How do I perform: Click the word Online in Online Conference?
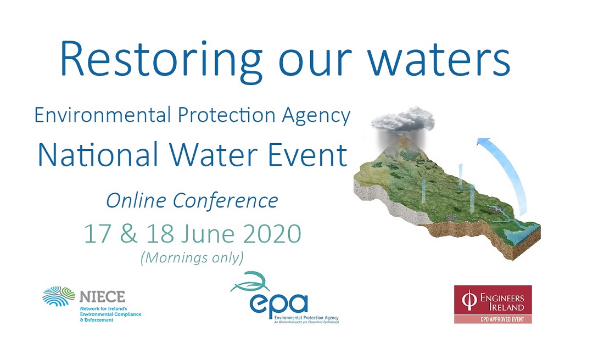(136, 200)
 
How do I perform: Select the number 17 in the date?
(97, 233)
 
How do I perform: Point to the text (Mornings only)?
(192, 258)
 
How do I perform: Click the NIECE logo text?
(102, 296)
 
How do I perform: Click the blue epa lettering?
(279, 303)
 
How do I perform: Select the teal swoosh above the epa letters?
(250, 282)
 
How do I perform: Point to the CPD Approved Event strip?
(493, 319)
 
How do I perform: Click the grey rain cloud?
(403, 120)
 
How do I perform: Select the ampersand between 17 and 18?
(128, 233)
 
